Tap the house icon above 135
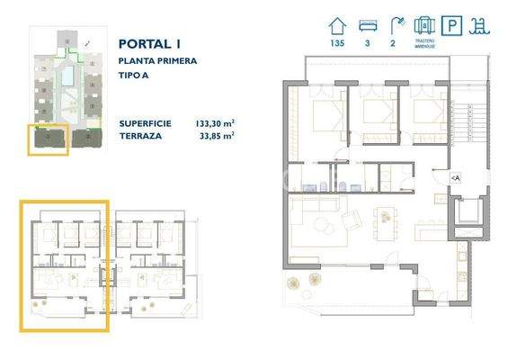pyautogui.click(x=337, y=27)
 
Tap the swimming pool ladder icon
pyautogui.click(x=481, y=27)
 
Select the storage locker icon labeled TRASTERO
pyautogui.click(x=426, y=26)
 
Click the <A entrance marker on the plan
pyautogui.click(x=455, y=178)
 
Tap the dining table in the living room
pyautogui.click(x=388, y=219)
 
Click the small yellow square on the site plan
pyautogui.click(x=47, y=139)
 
